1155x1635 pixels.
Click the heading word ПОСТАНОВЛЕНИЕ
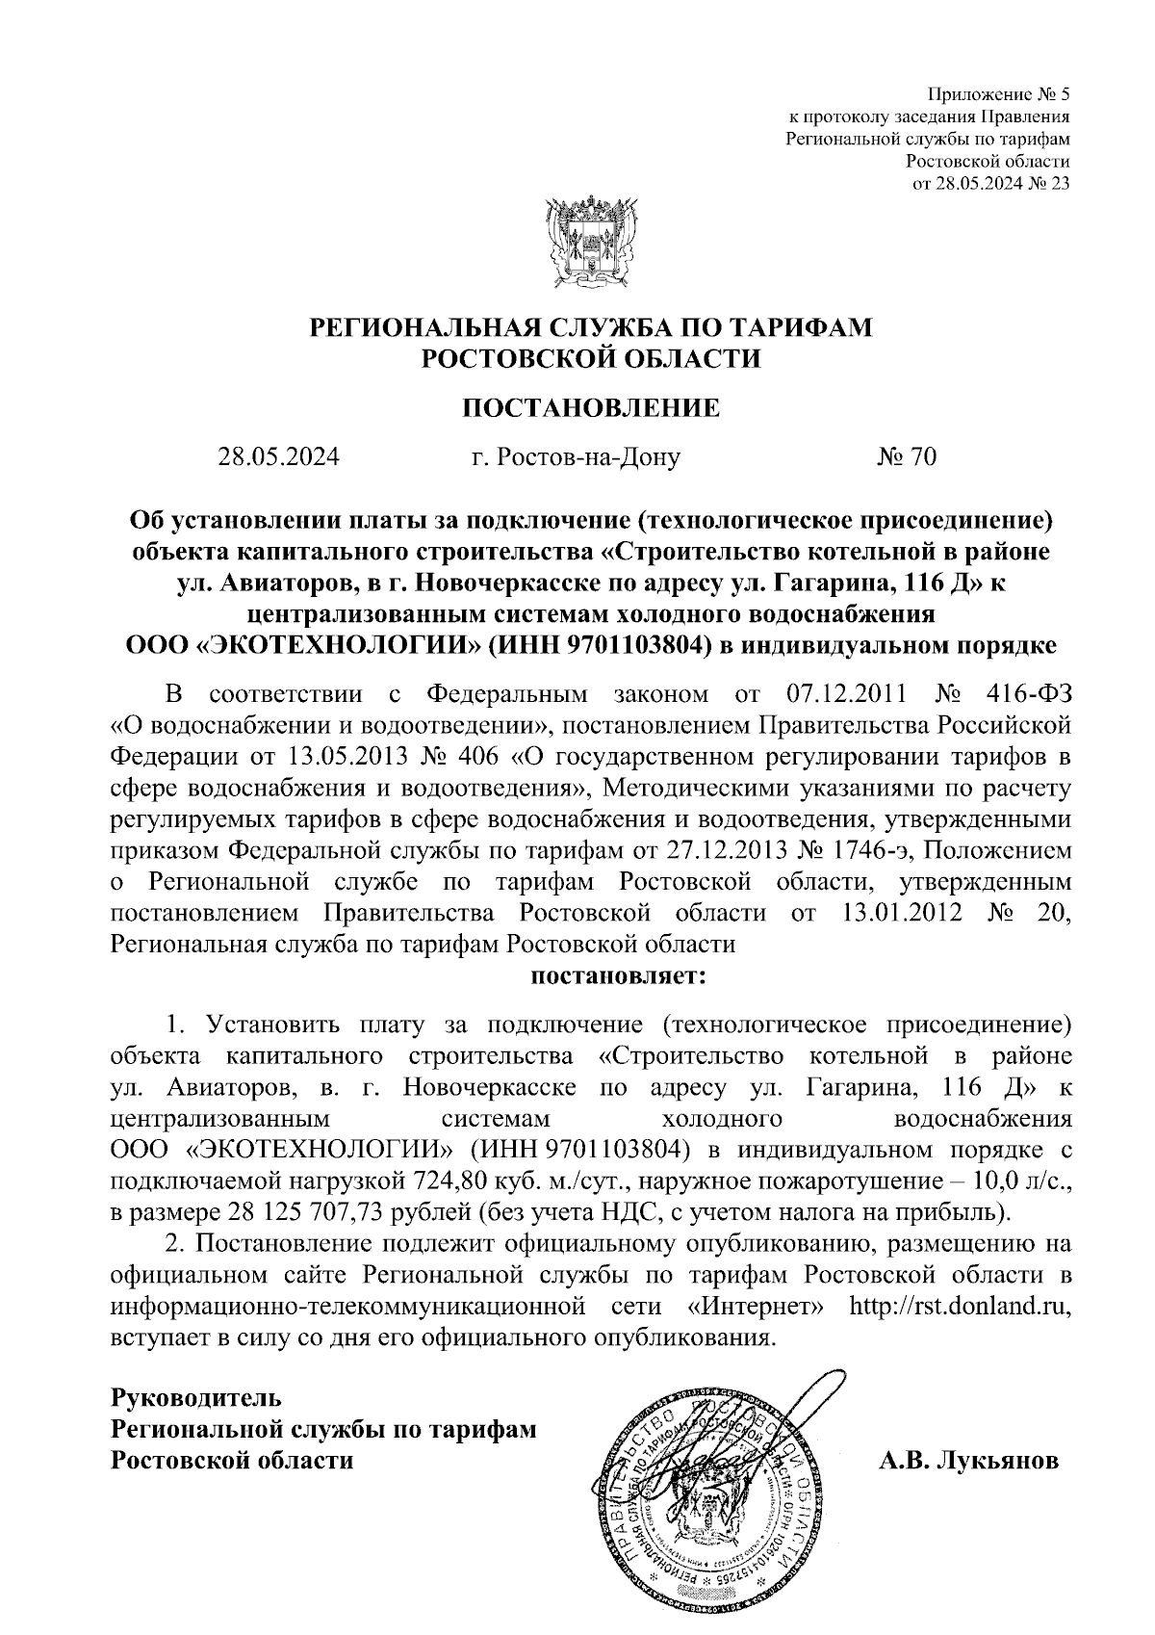coord(590,407)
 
